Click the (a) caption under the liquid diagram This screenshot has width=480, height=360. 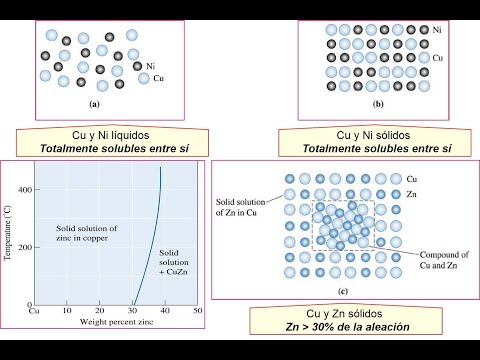(x=94, y=103)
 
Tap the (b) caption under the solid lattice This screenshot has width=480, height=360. (x=378, y=103)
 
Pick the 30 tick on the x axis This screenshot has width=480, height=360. (x=135, y=310)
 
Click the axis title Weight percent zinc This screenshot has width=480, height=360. (x=115, y=321)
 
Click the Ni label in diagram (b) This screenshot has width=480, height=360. (x=439, y=31)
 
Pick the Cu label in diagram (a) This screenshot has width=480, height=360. (x=159, y=77)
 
